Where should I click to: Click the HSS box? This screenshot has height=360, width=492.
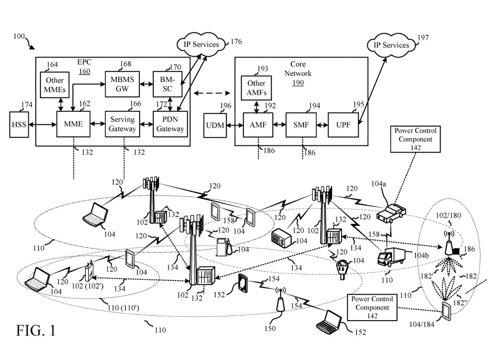pos(18,124)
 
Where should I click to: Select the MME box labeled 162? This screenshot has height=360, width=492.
pos(73,124)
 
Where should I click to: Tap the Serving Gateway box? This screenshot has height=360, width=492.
pos(123,124)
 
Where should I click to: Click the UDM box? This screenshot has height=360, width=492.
pos(216,126)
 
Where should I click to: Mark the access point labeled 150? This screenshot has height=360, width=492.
pos(280,302)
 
